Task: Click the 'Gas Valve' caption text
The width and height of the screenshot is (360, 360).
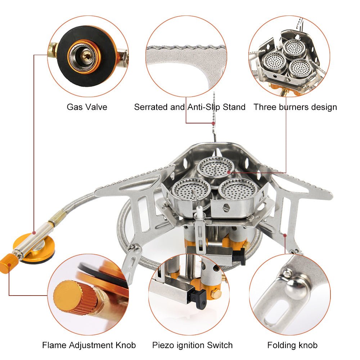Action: click(x=87, y=107)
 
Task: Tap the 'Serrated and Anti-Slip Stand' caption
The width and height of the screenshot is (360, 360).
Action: click(x=190, y=107)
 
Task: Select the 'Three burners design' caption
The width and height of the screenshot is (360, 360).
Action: click(x=295, y=107)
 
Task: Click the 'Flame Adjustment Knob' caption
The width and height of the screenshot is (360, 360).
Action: click(x=89, y=345)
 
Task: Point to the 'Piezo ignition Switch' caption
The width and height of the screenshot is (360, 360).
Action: click(x=192, y=345)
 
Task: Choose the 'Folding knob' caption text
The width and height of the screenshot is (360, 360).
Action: click(x=292, y=345)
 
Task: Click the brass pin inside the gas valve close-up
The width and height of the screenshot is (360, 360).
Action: click(x=86, y=55)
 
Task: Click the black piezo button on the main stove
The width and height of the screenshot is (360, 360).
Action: click(x=239, y=256)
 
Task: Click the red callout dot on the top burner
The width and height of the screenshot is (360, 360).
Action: click(x=229, y=173)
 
